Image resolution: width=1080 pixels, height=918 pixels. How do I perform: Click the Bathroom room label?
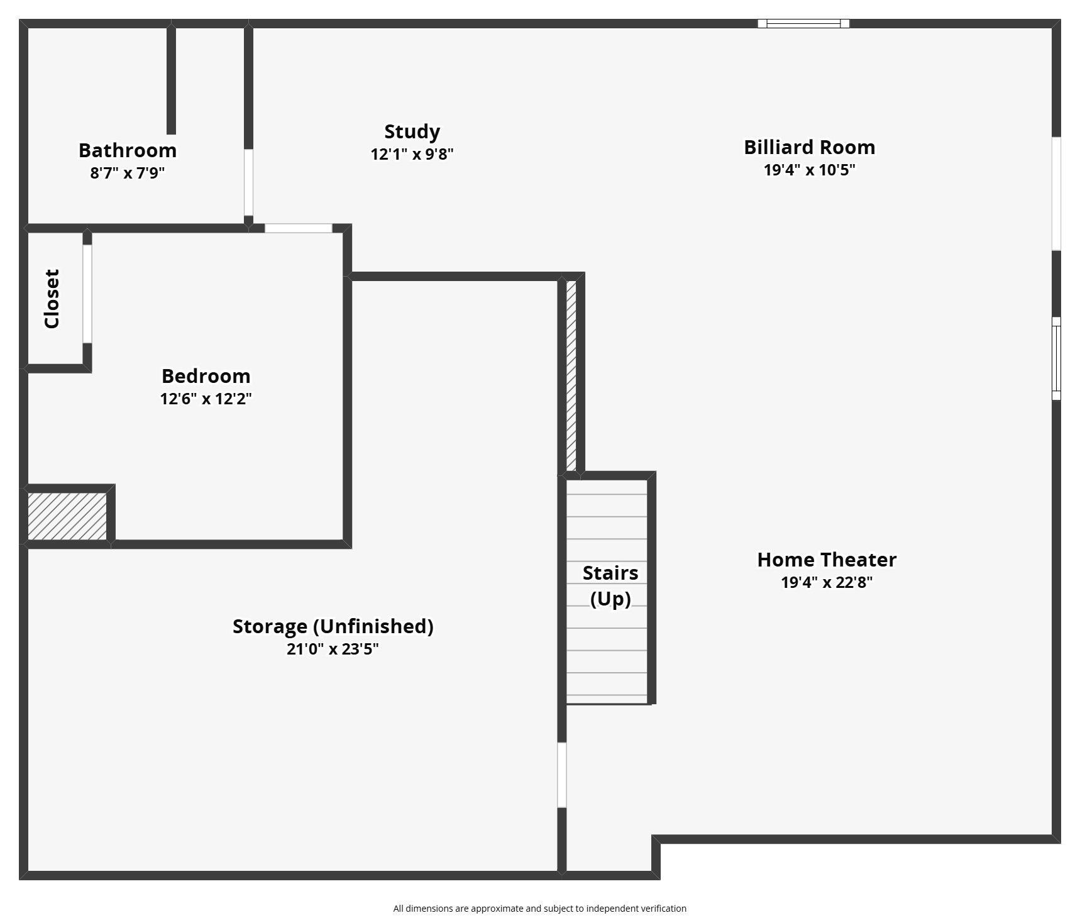click(128, 150)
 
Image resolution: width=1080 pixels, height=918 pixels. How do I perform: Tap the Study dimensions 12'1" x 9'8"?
click(412, 154)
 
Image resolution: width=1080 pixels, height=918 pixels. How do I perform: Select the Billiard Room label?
click(809, 147)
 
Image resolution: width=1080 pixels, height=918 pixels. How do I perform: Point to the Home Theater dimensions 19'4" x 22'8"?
click(827, 582)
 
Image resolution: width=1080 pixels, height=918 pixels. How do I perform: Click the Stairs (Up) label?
click(610, 586)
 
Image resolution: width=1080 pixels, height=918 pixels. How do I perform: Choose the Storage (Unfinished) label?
click(333, 626)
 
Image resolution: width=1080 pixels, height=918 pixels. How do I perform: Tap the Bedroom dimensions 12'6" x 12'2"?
click(206, 399)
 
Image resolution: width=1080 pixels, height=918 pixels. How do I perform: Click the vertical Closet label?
click(52, 299)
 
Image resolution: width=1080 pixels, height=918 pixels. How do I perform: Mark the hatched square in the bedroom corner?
click(67, 516)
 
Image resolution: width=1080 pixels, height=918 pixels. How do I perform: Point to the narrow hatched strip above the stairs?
click(571, 376)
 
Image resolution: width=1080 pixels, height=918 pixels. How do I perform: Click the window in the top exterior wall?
click(803, 24)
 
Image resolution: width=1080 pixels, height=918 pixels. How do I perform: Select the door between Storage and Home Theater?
click(562, 775)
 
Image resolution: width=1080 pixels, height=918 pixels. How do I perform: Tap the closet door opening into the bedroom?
click(87, 294)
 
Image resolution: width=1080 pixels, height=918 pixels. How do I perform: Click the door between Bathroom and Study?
click(248, 182)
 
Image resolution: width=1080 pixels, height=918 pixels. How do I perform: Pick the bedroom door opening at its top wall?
click(298, 228)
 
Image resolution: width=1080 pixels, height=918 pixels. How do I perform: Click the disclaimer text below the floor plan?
click(540, 909)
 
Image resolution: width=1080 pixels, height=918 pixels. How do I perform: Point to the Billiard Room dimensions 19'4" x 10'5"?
click(809, 170)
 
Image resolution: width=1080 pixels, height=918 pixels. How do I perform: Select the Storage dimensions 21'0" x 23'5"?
click(333, 649)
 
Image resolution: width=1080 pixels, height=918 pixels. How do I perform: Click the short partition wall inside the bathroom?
click(171, 80)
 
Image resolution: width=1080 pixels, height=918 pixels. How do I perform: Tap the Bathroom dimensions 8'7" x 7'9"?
click(128, 173)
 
